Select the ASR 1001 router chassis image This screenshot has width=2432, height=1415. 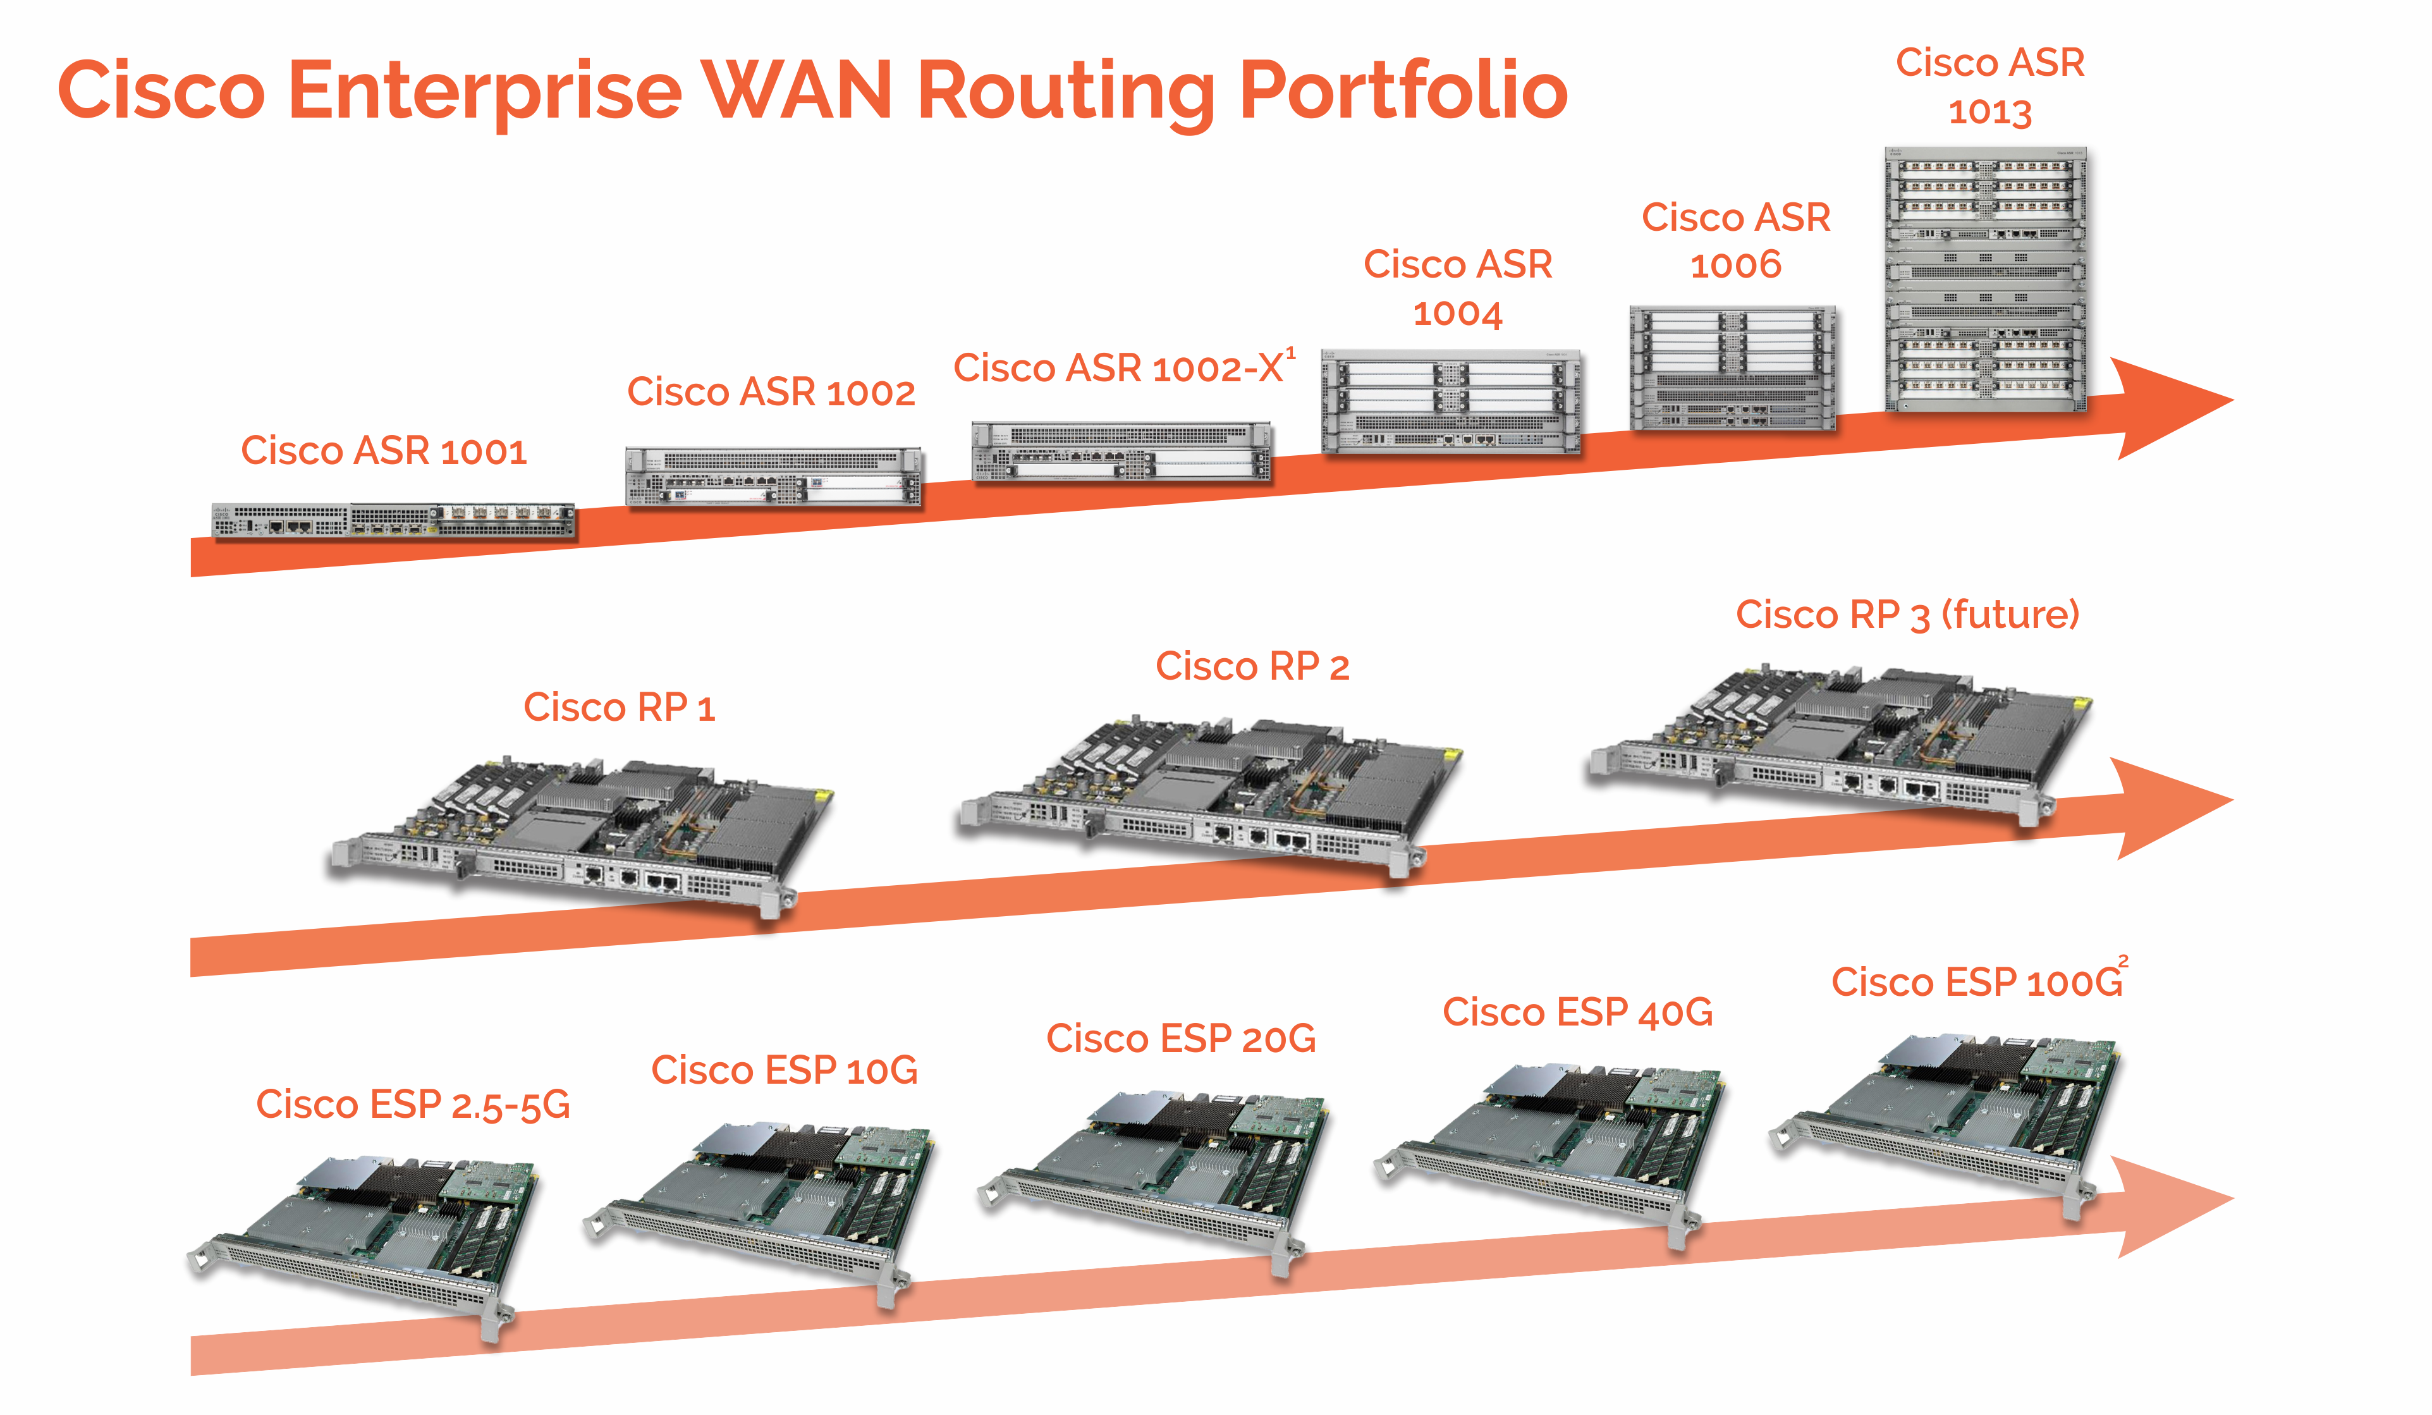pyautogui.click(x=394, y=520)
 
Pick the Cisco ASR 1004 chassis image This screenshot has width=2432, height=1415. pyautogui.click(x=1450, y=401)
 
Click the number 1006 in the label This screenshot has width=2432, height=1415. pyautogui.click(x=1735, y=266)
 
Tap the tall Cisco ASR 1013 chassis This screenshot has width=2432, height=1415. pyautogui.click(x=1985, y=280)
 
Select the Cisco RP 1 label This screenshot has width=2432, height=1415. pyautogui.click(x=619, y=707)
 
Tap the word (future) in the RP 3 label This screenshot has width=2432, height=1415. pyautogui.click(x=2010, y=615)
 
